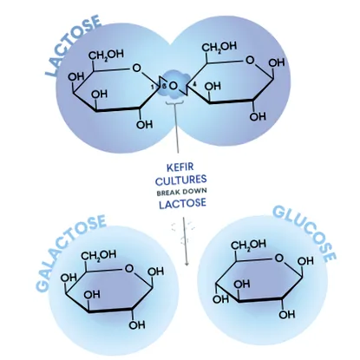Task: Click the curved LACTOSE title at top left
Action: coord(72,45)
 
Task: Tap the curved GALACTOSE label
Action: coord(69,252)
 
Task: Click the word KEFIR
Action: coord(180,167)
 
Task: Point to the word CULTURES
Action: coord(181,180)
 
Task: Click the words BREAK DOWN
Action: coord(181,192)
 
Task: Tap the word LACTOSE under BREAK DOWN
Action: coord(182,203)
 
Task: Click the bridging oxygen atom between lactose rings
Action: coord(173,86)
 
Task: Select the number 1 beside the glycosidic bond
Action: coord(154,86)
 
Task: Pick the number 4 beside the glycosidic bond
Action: coord(194,84)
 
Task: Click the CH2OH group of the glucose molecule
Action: coord(248,245)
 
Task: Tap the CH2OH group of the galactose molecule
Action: coord(99,255)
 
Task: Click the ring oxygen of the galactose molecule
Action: coord(129,269)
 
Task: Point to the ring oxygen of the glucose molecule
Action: coord(279,258)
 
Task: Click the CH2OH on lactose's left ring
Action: coord(106,55)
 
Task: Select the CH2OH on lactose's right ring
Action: coord(219,47)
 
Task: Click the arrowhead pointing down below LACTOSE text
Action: coord(187,263)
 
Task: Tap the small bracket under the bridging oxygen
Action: coord(174,102)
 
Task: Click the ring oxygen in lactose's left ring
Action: coord(136,69)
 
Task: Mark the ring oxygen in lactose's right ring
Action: coord(250,61)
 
